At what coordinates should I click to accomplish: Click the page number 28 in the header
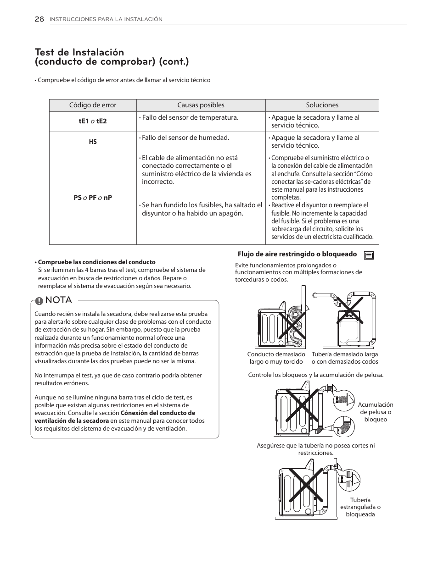39,19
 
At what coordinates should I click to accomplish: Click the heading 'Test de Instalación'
79,52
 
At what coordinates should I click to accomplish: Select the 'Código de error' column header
93,105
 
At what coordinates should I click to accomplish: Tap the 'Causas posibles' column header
201,105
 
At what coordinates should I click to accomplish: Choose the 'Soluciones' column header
322,105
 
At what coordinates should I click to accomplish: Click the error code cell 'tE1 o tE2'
93,122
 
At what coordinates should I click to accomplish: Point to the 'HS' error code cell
93,142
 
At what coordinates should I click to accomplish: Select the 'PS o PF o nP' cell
93,198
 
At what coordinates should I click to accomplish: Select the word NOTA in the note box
59,300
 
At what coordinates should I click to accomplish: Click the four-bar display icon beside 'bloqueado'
369,255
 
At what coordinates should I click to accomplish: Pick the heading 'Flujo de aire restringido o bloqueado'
297,254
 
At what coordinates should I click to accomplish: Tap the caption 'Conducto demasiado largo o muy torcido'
276,358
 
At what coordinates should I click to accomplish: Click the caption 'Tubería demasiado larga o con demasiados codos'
345,358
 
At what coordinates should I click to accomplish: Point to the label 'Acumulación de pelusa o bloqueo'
376,412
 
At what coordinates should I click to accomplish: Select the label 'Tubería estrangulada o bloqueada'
360,507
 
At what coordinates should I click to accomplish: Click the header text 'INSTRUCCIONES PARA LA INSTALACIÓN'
106,19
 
